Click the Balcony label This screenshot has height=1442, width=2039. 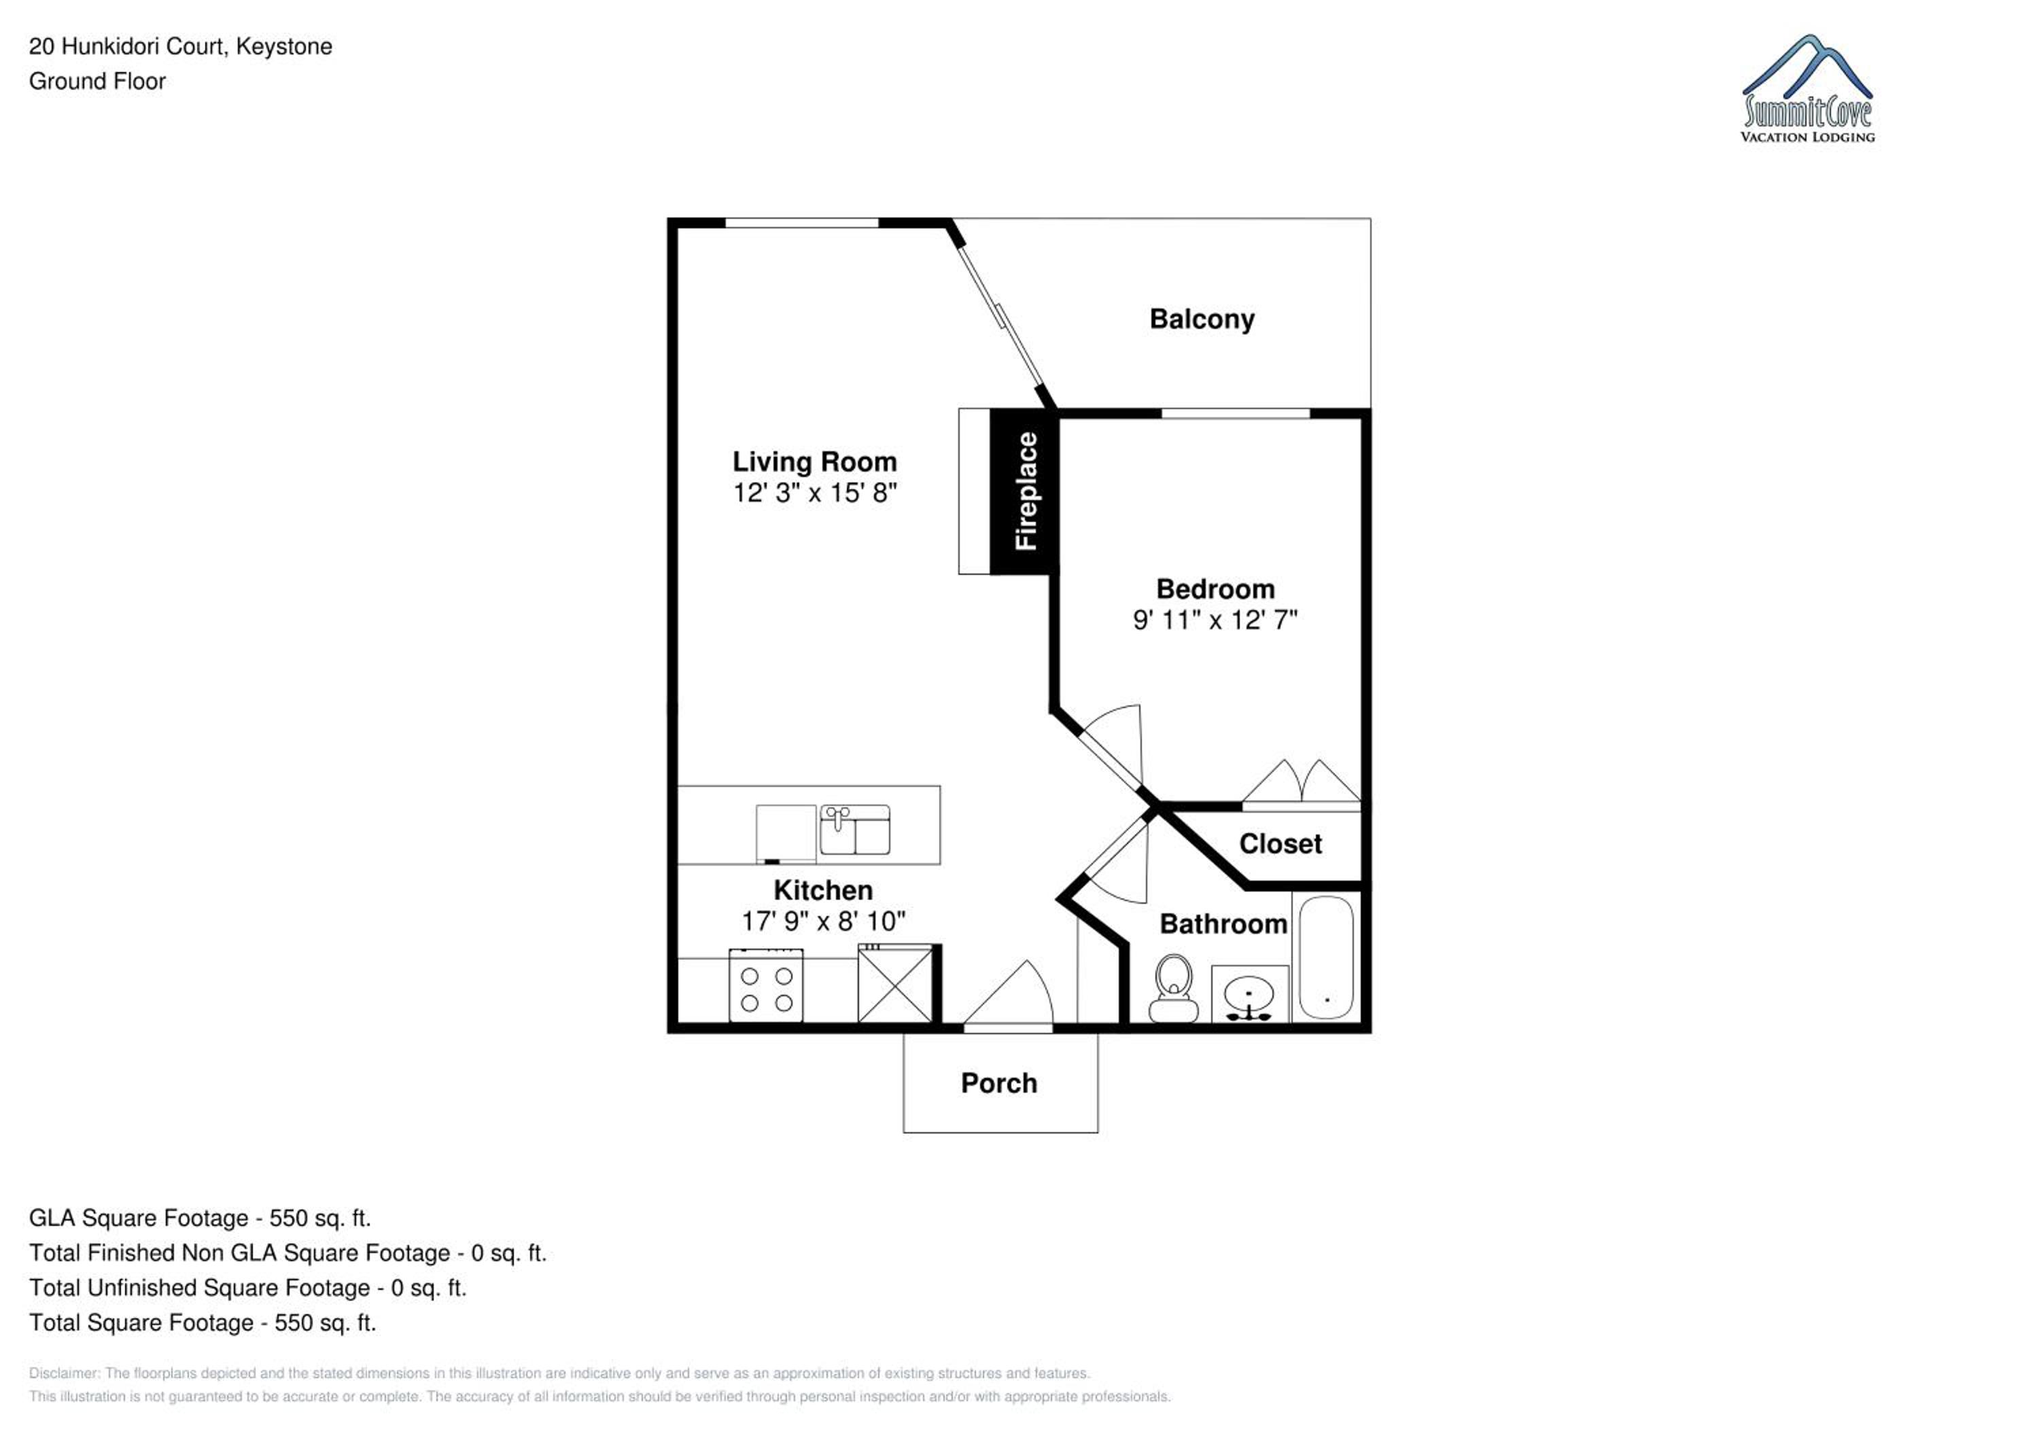point(1202,319)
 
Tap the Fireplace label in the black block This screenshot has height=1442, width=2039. point(1026,491)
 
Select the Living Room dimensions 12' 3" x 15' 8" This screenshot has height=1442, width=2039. point(814,493)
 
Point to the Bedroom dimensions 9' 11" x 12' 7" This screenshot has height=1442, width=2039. point(1215,620)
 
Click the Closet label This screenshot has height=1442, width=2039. point(1280,843)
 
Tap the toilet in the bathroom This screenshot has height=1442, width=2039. point(1174,988)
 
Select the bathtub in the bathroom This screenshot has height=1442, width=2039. point(1326,957)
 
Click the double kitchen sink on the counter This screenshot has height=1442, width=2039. point(855,829)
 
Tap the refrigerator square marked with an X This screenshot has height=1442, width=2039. point(896,984)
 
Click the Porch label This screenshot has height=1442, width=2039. point(999,1083)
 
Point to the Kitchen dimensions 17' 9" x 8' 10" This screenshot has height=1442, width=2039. point(823,921)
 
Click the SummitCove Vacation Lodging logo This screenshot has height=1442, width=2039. point(1807,89)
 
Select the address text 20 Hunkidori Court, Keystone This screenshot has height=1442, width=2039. point(180,47)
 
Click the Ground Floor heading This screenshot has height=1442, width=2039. point(98,82)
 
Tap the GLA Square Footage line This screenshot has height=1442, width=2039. point(200,1218)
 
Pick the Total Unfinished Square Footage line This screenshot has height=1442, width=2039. point(248,1288)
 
